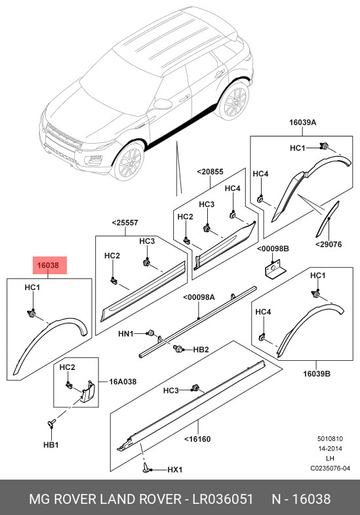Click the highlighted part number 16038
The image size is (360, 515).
[x=48, y=265]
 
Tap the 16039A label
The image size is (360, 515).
[x=302, y=123]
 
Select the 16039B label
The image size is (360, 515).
[x=316, y=374]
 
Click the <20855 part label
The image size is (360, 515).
[x=210, y=172]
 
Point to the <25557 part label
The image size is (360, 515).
[x=125, y=222]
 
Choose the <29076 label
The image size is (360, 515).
[x=329, y=244]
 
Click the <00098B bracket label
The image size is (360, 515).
[x=273, y=249]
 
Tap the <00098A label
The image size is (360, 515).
[x=199, y=297]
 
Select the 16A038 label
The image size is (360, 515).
[x=123, y=382]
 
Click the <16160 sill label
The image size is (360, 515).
[x=197, y=439]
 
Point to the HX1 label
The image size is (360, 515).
[x=175, y=470]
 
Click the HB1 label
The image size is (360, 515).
[x=51, y=445]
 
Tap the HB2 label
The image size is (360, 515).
[x=201, y=350]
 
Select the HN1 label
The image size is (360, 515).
[x=126, y=334]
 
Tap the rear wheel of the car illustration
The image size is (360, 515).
[x=234, y=100]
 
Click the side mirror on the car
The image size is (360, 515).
[x=163, y=104]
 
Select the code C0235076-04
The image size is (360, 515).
[x=330, y=468]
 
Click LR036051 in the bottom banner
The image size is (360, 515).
[x=222, y=499]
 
